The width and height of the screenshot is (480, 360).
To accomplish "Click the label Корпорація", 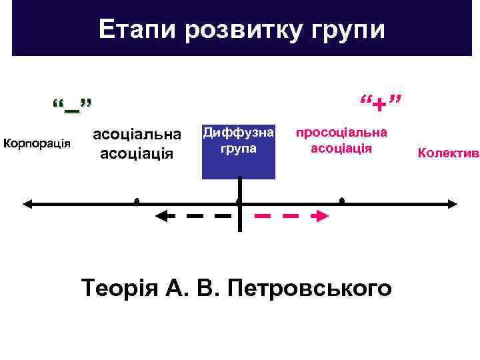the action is tap(37, 143).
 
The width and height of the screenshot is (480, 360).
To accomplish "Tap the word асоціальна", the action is tap(137, 134).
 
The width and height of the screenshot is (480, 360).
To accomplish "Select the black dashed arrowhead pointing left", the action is tap(162, 215).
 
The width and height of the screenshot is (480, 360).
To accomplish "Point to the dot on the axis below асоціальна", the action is tap(137, 201).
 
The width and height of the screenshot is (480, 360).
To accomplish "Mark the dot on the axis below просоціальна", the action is tap(341, 201).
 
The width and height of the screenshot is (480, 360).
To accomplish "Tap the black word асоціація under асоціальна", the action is tap(137, 153).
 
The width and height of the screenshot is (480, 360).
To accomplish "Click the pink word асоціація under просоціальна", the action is tap(341, 147).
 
